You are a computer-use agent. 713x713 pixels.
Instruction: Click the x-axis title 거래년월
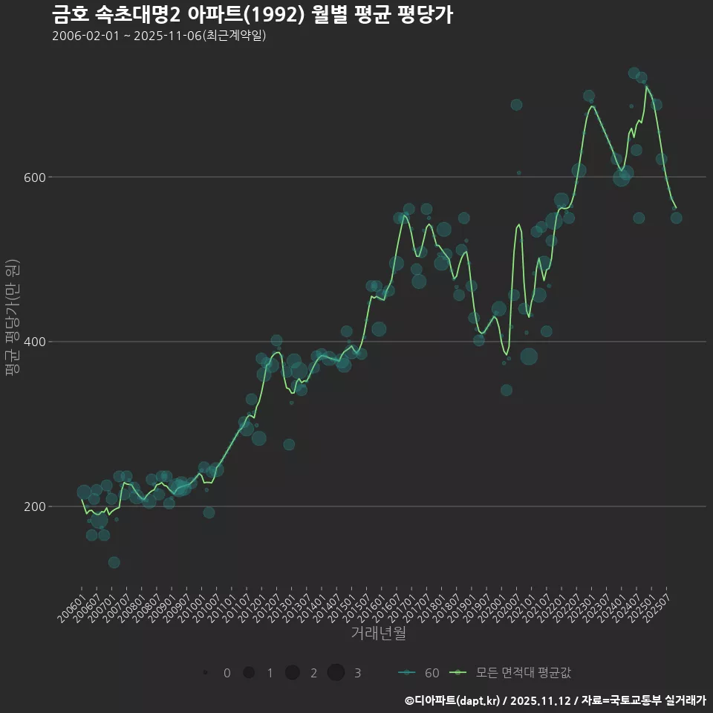[378, 634]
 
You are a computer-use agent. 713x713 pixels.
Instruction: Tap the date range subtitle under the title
[159, 36]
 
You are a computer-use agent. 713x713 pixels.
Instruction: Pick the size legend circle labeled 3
[336, 673]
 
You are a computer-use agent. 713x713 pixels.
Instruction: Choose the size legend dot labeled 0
[204, 673]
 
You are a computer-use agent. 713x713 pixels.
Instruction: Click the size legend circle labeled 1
[249, 673]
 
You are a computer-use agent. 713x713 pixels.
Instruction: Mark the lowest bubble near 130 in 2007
[114, 562]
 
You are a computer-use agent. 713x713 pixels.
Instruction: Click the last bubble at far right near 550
[676, 218]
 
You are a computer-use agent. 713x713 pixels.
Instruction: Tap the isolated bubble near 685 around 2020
[516, 105]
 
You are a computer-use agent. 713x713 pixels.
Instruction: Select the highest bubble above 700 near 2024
[634, 73]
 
